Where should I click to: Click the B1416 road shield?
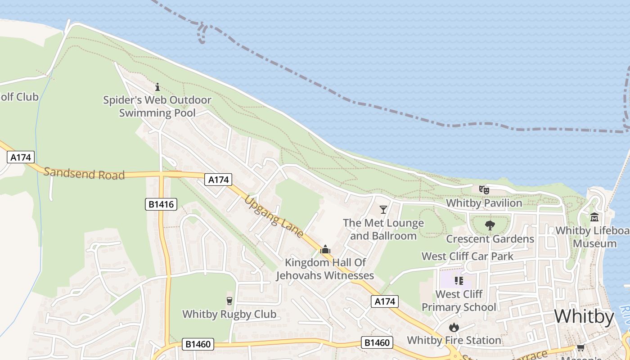click(x=162, y=204)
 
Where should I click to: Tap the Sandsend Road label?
click(x=84, y=173)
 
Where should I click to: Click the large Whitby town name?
click(x=584, y=317)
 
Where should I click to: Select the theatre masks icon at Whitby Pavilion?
click(x=484, y=190)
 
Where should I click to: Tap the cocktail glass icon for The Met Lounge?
click(x=383, y=209)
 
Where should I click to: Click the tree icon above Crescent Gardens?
click(x=490, y=225)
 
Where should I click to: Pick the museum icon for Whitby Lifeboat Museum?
click(x=594, y=217)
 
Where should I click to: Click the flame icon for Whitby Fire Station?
click(x=454, y=327)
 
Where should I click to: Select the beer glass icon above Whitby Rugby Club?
click(x=229, y=301)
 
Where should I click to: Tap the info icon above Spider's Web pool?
click(x=157, y=87)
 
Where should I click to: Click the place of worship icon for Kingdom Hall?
click(x=325, y=249)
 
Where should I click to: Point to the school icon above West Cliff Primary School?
click(x=459, y=281)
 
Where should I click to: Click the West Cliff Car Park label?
click(x=467, y=256)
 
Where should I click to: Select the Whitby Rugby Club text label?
click(x=229, y=314)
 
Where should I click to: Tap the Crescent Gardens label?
click(x=490, y=239)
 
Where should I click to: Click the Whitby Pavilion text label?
click(x=484, y=203)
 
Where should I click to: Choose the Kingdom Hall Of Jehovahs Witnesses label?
click(x=325, y=269)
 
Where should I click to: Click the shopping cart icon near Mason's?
click(x=580, y=347)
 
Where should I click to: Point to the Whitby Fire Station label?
click(x=454, y=340)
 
